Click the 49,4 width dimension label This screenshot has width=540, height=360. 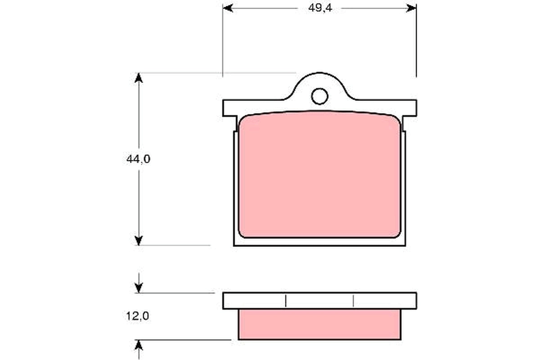[320, 8]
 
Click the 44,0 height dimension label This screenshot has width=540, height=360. [139, 159]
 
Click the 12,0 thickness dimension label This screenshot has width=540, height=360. [138, 316]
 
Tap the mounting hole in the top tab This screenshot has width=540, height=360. [319, 96]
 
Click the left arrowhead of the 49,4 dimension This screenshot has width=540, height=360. [228, 8]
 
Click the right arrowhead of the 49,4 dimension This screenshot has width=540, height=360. [411, 8]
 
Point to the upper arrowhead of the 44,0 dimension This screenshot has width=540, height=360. [139, 78]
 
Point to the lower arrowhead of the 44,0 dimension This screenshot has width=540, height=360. [139, 241]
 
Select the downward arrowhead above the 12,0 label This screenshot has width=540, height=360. [139, 288]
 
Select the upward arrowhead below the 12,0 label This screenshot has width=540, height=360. [139, 345]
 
